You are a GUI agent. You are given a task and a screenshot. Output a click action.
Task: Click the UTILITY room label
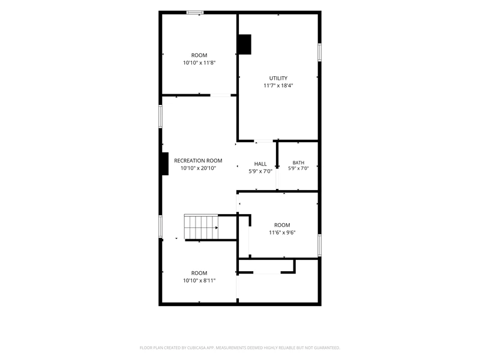coord(278,78)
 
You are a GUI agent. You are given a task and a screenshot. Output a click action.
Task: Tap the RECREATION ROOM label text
coord(198,160)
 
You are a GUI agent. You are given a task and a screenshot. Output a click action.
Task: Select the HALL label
coord(260,164)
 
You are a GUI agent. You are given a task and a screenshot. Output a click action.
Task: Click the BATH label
coord(298,163)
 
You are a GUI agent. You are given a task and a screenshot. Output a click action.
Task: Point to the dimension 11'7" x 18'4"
coord(278,85)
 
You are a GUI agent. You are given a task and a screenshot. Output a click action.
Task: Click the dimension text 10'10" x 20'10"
coord(198,168)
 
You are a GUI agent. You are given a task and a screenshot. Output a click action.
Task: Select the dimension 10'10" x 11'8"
coord(199,63)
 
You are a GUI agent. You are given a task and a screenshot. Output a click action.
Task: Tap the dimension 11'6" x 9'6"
coord(282,232)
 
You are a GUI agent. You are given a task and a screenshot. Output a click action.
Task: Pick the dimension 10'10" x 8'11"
coord(199,280)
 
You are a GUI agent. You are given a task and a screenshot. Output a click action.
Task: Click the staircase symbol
coord(201,227)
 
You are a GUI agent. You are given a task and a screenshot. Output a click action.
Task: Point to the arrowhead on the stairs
coord(217,228)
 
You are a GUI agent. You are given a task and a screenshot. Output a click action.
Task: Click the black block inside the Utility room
coord(245,44)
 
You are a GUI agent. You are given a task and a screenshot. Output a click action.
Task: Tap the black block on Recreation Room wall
coord(166,164)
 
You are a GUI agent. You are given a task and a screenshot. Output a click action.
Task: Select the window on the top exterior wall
coord(195,13)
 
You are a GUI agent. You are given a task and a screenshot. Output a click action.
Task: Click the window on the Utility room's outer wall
coord(319,52)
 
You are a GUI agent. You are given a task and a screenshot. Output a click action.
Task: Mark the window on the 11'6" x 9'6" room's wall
coord(319,245)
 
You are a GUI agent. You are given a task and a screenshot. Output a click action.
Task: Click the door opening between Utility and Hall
coord(263,141)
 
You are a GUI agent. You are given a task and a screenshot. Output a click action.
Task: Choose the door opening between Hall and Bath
coord(277,179)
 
